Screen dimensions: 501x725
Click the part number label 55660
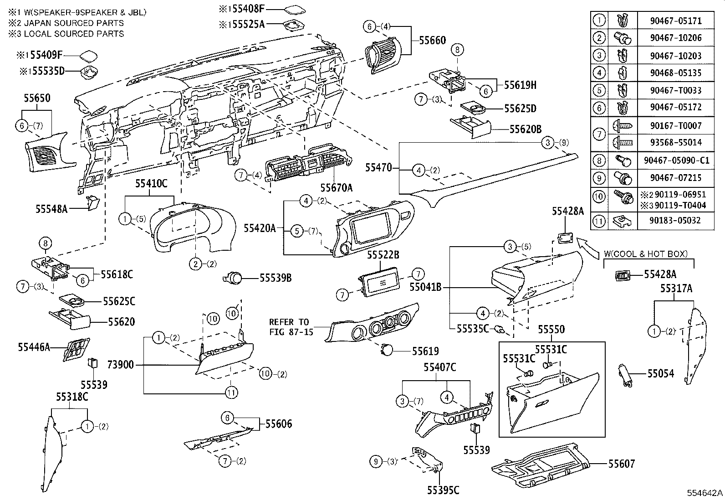432,41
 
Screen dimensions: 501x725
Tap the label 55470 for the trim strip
378,168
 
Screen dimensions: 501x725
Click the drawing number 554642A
705,493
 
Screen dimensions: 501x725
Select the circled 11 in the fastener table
600,221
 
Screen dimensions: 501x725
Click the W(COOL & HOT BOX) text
645,254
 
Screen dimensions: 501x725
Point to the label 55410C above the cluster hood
151,184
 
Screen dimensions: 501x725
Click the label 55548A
51,209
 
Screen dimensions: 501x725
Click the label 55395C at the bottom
443,491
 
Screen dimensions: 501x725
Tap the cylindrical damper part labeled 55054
626,375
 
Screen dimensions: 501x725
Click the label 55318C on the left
72,397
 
